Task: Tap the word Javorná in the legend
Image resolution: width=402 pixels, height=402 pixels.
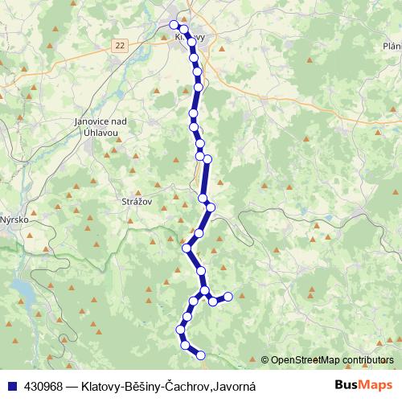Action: pos(234,385)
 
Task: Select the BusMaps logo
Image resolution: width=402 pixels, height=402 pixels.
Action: pos(363,385)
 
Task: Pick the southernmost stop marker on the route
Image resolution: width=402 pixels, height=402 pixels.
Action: pos(201,355)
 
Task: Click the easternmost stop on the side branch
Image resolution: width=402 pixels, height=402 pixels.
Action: pos(228,297)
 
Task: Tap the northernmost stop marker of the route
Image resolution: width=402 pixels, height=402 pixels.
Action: pos(174,24)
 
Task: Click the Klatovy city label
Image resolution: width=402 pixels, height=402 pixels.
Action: pos(190,37)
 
